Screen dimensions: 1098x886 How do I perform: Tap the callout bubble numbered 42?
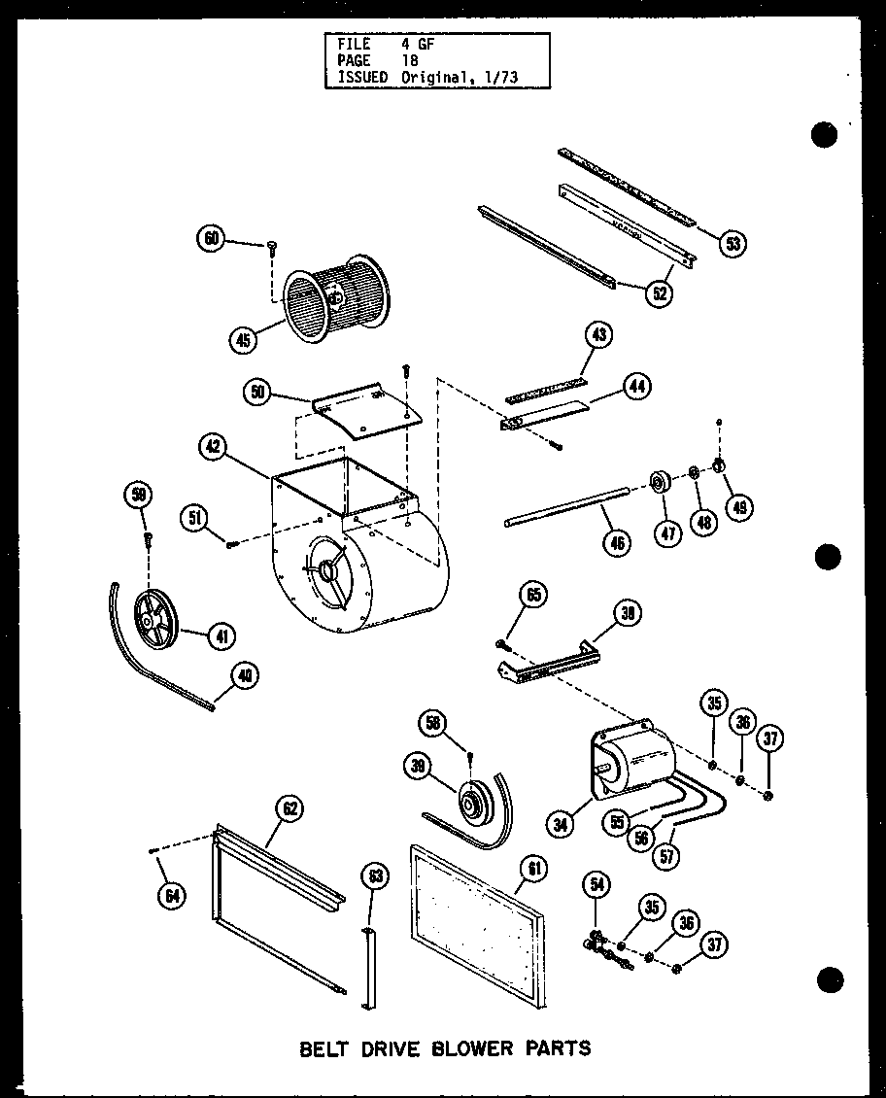[x=214, y=447]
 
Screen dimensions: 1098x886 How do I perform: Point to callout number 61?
[x=533, y=869]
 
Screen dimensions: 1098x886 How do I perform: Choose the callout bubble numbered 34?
[x=562, y=825]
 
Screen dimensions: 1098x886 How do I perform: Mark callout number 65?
[x=535, y=595]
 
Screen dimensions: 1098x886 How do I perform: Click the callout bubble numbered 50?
[x=257, y=393]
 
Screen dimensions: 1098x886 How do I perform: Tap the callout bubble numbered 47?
[x=666, y=533]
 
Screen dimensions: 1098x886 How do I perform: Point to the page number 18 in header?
[x=409, y=60]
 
